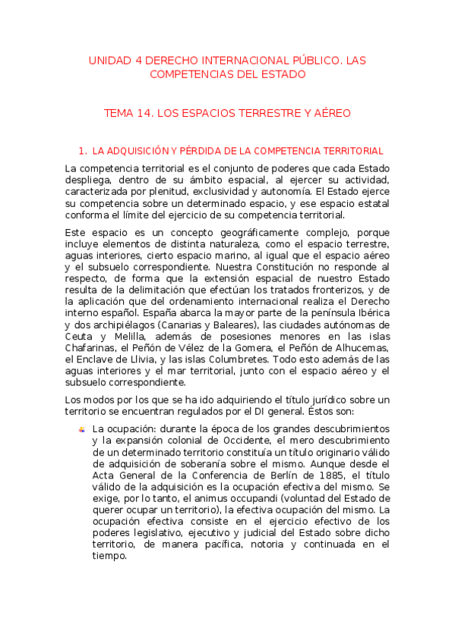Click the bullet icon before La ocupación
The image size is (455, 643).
82,428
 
